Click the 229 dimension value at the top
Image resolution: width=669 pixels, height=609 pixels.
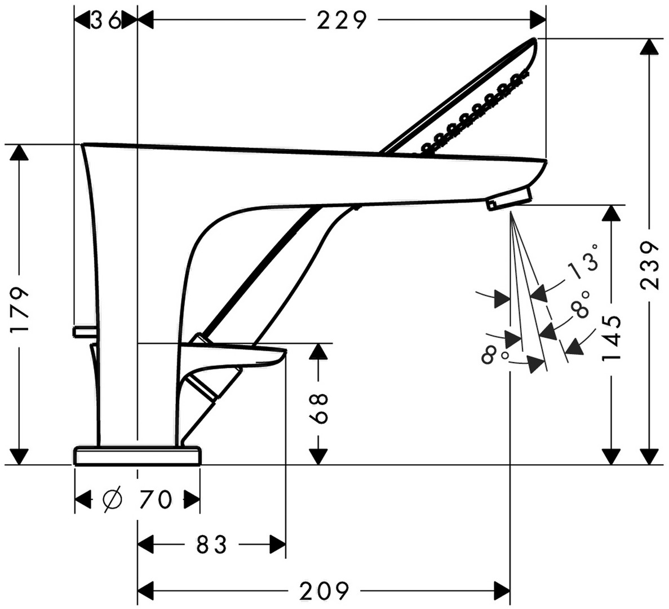(x=342, y=20)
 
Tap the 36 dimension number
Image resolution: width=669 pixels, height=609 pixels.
(x=106, y=20)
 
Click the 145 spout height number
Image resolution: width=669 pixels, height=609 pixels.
(x=612, y=338)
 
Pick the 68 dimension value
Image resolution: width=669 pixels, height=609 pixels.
(x=319, y=408)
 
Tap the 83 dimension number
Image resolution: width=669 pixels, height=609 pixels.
(x=211, y=545)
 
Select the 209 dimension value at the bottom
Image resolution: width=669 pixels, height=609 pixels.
(x=324, y=591)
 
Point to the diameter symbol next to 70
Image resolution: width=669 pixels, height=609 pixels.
(x=113, y=499)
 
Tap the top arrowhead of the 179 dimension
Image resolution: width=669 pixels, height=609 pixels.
(x=20, y=152)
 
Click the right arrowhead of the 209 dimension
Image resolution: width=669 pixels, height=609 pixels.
(x=501, y=591)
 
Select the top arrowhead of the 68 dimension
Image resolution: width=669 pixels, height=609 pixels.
(x=318, y=351)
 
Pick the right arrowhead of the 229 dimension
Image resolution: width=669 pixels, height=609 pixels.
(x=538, y=20)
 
